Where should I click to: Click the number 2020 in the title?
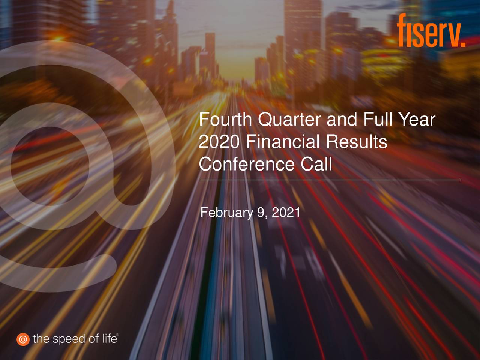click(219, 142)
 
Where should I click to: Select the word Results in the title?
click(356, 142)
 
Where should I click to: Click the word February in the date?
click(227, 213)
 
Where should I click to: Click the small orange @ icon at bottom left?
click(22, 339)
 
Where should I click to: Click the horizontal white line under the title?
click(330, 180)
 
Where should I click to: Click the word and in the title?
click(342, 120)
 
